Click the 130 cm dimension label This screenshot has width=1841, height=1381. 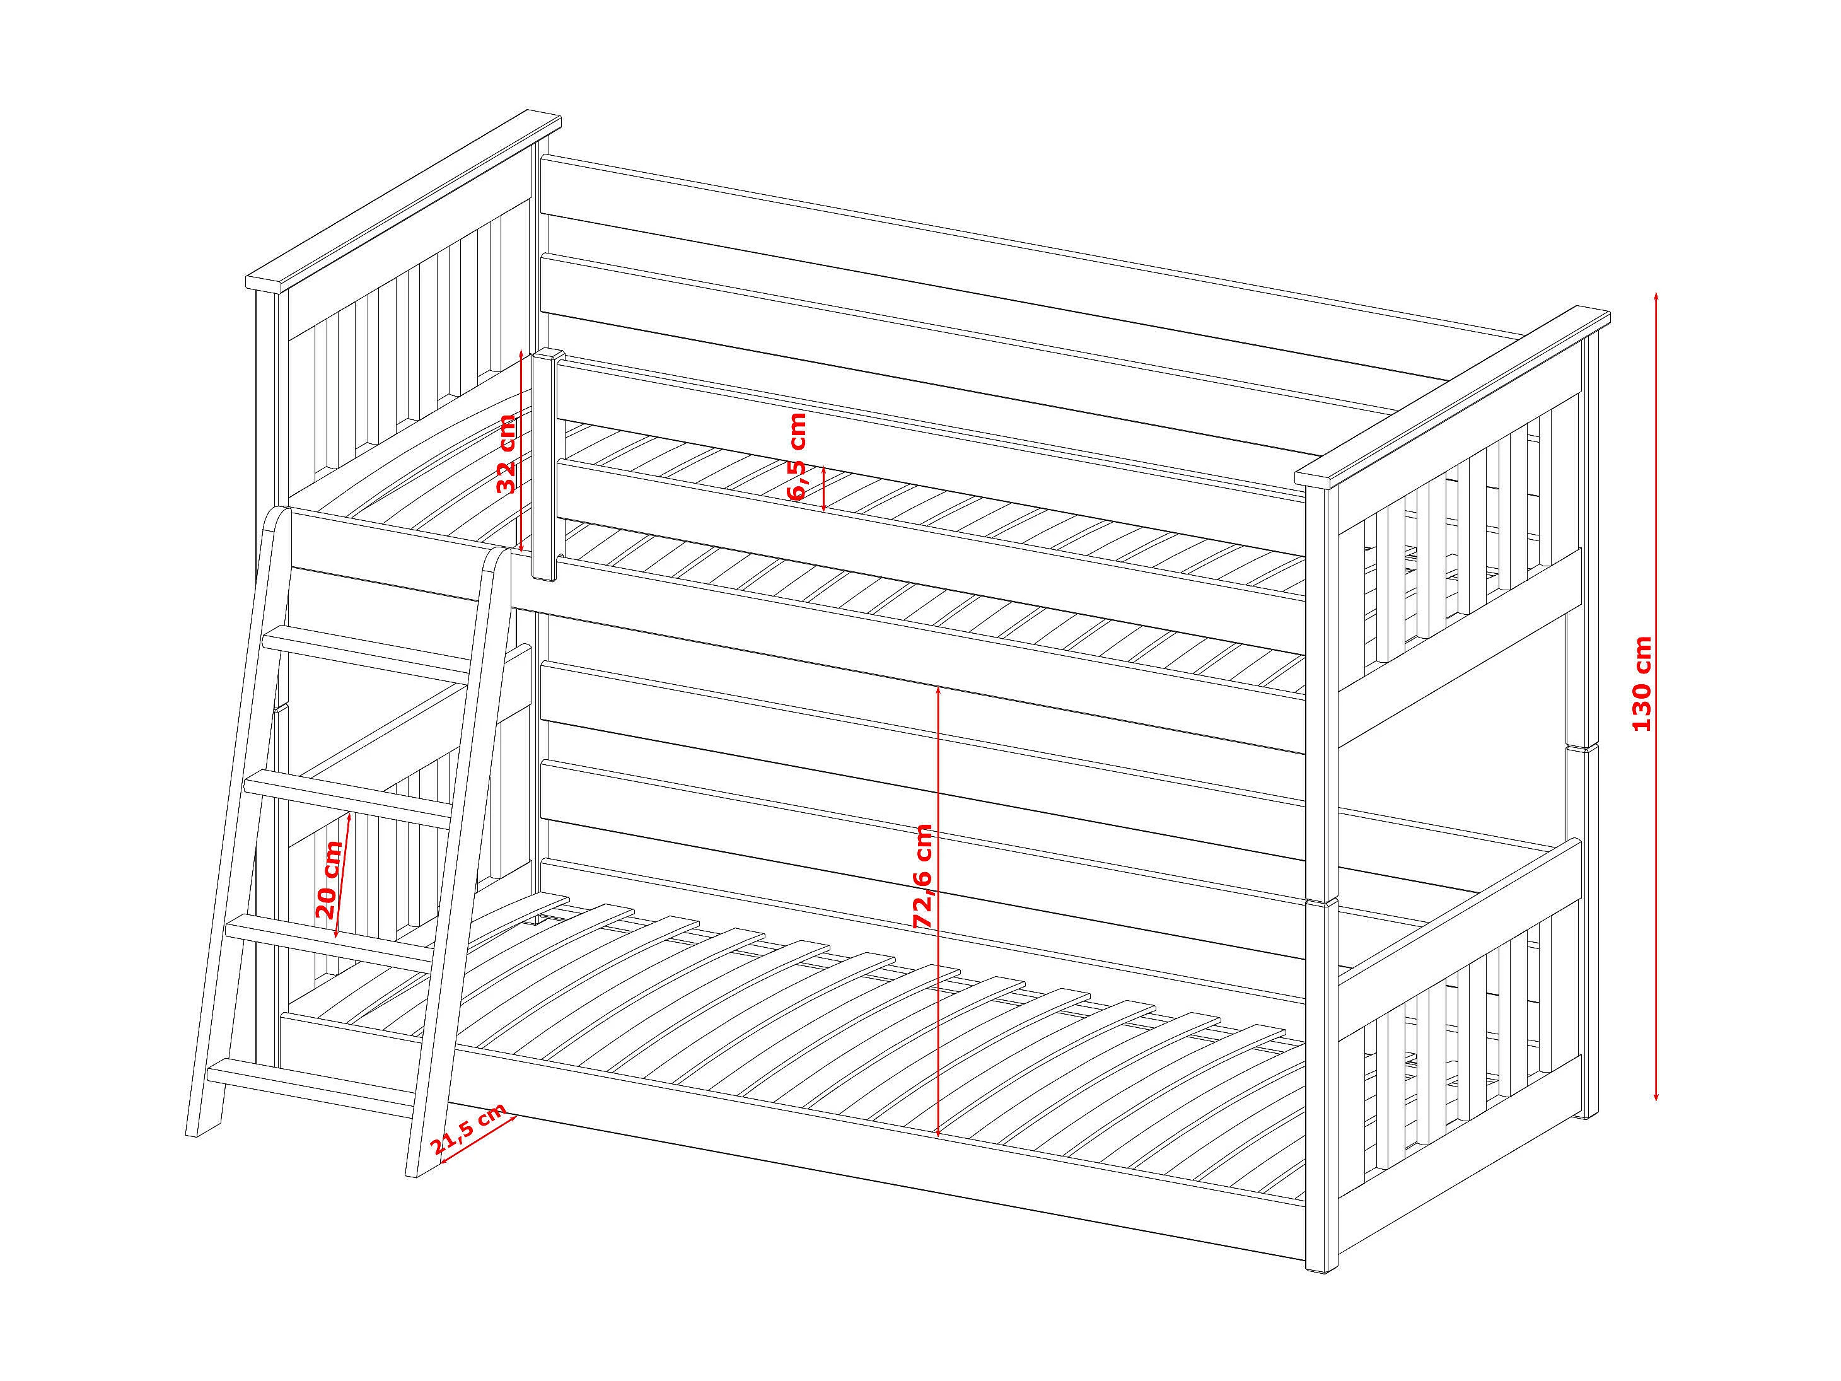1641,682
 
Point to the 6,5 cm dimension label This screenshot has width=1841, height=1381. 796,456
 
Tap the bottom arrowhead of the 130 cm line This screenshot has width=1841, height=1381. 1656,1095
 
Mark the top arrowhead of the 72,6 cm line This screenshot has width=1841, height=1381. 939,692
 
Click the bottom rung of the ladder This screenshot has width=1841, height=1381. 312,1083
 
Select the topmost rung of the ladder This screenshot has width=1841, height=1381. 370,651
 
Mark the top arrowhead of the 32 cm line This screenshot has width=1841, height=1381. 521,356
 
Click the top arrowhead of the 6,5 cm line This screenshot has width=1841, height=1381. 823,471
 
